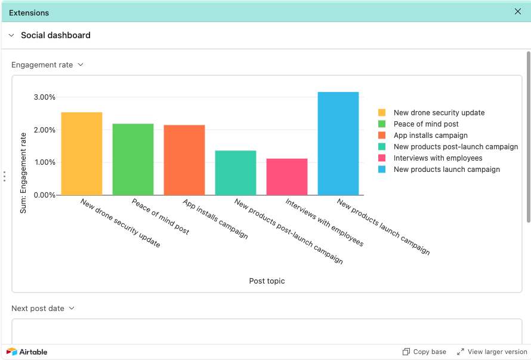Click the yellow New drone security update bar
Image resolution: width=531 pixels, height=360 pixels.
pos(82,154)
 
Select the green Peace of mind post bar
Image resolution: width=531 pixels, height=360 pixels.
pos(133,159)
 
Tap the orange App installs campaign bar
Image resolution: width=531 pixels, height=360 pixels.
pos(184,160)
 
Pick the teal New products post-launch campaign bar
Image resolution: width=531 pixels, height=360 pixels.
pos(236,173)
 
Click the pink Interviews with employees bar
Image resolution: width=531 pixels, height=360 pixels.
pos(287,177)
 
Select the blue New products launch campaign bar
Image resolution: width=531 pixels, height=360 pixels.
pos(338,144)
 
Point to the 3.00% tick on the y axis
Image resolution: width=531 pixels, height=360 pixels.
pos(44,97)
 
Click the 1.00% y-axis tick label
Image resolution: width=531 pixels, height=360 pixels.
pos(44,162)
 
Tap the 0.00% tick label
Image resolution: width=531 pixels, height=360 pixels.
pos(44,195)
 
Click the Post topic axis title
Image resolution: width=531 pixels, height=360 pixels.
pos(267,281)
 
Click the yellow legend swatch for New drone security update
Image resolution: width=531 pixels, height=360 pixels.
pos(382,113)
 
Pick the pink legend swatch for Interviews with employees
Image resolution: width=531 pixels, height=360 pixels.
pos(382,158)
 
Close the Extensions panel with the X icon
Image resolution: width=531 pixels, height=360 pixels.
pos(518,11)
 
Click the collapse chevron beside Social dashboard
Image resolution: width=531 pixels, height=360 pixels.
pos(11,35)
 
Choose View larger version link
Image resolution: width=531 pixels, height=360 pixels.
pos(492,352)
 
